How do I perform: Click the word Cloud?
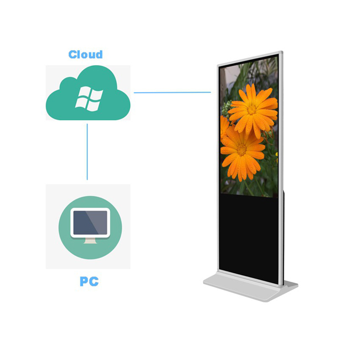point(85,55)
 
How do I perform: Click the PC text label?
point(89,281)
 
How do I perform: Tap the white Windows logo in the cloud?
point(89,99)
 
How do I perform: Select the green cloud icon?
point(88,92)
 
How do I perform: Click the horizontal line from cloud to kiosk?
point(172,92)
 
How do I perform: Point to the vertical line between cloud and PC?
point(88,152)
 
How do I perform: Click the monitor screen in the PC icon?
point(90,223)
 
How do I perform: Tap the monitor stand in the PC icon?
point(90,241)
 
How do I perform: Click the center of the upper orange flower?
point(252,110)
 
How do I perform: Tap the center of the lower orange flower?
point(241,150)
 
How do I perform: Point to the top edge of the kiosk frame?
point(250,58)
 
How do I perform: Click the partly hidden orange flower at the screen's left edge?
point(224,126)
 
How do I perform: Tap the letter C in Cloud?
point(73,55)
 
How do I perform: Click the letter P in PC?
point(84,281)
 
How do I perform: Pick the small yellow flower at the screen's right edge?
point(277,157)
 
